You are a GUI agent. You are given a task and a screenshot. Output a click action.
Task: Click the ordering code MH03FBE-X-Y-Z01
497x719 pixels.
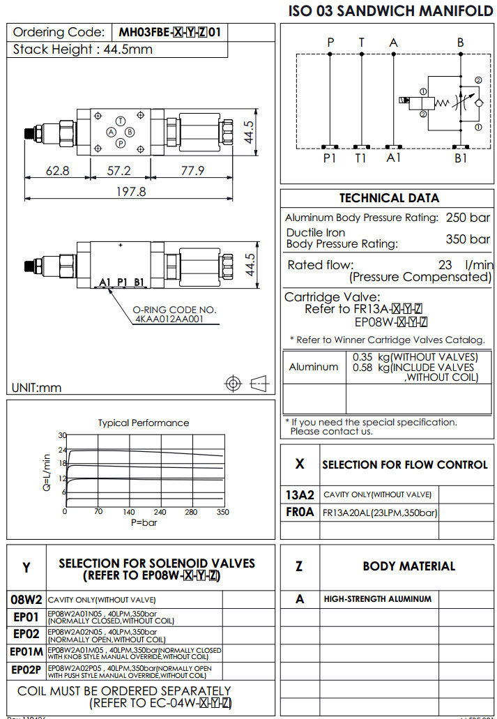coord(169,32)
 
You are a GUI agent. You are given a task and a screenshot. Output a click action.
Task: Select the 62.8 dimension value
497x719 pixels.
coord(58,171)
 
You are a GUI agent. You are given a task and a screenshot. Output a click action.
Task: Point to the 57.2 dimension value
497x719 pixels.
coord(118,171)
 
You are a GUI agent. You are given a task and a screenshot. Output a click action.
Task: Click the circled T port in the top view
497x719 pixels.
coord(121,121)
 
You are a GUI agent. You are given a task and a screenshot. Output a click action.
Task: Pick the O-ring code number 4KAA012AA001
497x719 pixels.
coord(169,319)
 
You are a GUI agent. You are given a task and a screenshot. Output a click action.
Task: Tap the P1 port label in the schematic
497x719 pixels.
coord(330,158)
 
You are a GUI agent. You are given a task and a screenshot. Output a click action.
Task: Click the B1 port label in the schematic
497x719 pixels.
coord(461,158)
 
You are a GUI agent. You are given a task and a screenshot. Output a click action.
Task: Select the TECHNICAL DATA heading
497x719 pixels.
coord(389,198)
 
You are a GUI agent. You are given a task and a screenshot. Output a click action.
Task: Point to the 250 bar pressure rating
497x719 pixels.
coord(468,218)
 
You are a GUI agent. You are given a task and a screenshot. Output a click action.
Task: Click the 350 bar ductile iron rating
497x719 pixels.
coord(468,239)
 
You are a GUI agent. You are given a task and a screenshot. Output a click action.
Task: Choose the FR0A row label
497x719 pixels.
coord(300,513)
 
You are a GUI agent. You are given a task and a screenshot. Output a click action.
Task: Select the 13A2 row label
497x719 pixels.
coord(300,494)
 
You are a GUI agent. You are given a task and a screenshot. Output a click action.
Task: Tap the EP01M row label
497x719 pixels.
coord(26,652)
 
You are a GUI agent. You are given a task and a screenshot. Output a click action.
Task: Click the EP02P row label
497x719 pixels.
coord(26,670)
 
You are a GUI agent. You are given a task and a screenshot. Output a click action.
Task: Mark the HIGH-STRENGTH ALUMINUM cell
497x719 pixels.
coord(377,598)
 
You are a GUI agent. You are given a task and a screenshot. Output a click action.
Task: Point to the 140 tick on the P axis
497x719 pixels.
coord(129,512)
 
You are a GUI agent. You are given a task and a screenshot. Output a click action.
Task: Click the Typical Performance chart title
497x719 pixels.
coord(143,423)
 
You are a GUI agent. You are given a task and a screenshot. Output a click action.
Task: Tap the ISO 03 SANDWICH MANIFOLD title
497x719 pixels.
coord(390,10)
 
